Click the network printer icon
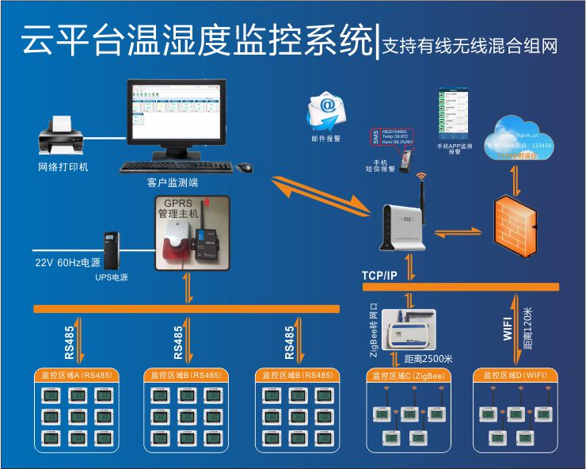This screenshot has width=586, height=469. tap(63, 136)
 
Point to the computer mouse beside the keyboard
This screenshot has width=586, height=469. tap(245, 167)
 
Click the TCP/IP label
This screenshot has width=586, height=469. tap(379, 275)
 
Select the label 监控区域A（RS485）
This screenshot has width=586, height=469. tap(76, 375)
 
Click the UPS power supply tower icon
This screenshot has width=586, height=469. tap(111, 250)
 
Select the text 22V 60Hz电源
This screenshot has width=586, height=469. tap(67, 262)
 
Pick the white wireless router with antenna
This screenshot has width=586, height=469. tap(408, 224)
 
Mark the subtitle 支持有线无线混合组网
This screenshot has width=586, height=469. tap(470, 45)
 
